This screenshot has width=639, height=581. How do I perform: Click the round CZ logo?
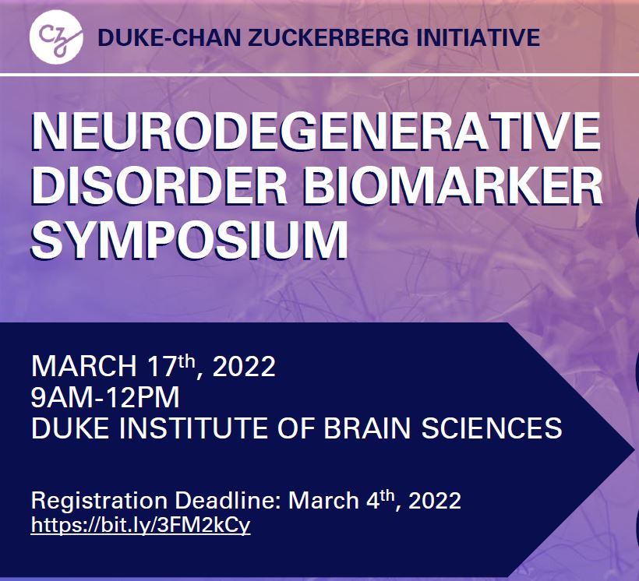(56, 37)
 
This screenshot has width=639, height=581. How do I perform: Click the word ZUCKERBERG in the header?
(328, 37)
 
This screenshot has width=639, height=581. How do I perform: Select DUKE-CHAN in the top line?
(169, 37)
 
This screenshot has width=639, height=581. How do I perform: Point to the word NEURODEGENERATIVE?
(316, 132)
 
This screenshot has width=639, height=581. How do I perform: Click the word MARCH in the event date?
(84, 366)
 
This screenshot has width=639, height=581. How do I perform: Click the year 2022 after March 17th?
(244, 366)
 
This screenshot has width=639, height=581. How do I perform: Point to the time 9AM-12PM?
(105, 397)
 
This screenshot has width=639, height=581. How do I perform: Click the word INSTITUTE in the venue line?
(193, 428)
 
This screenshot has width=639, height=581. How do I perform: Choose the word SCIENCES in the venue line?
(492, 428)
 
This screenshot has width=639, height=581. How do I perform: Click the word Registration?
(100, 500)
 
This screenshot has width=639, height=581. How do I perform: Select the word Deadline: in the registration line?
(228, 500)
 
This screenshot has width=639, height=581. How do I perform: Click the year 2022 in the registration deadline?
(435, 500)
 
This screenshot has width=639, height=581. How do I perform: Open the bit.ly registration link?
(140, 526)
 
